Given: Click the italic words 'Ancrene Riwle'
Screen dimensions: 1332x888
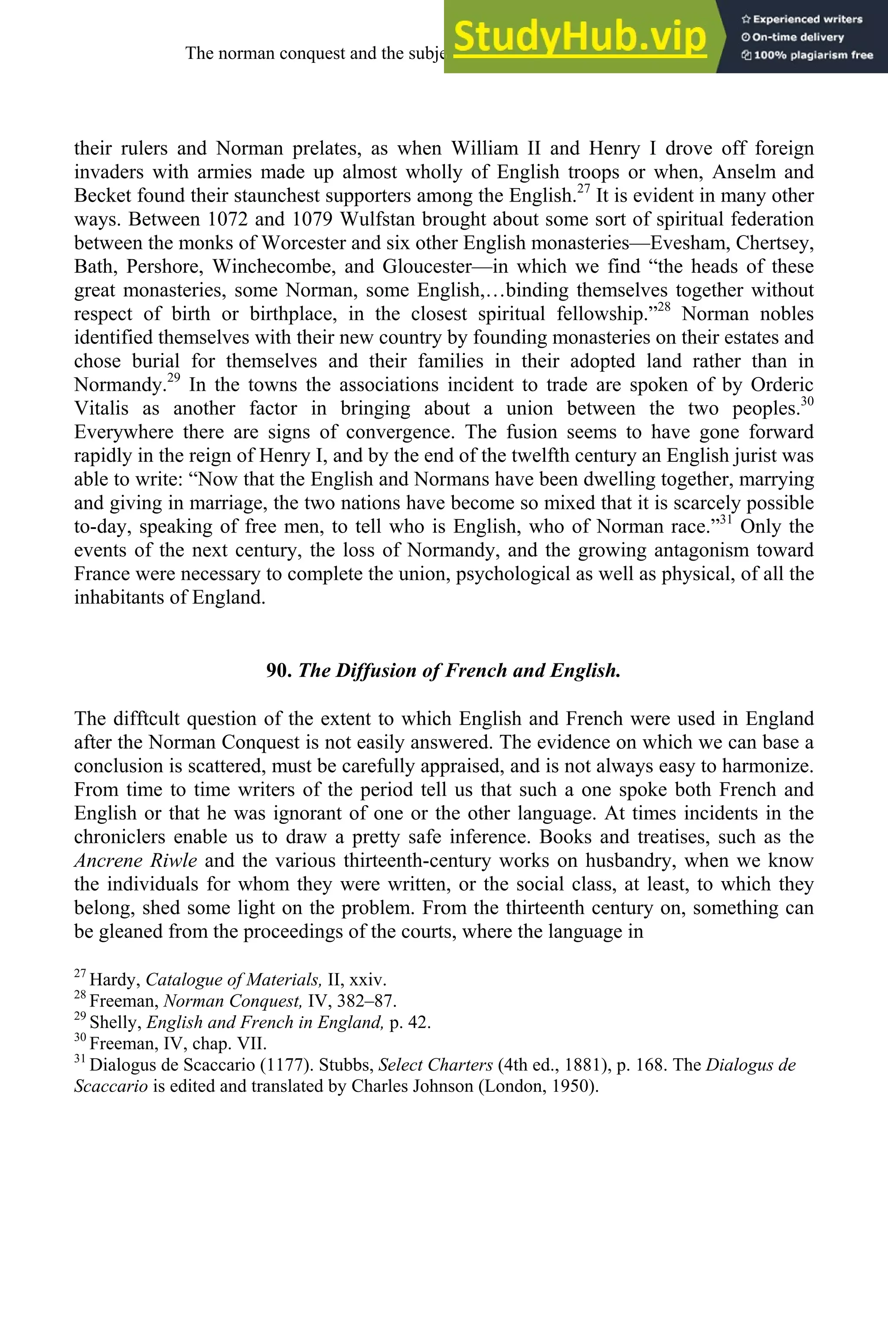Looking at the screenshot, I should pyautogui.click(x=135, y=860).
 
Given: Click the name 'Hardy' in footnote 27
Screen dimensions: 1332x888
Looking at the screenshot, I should pyautogui.click(x=115, y=980).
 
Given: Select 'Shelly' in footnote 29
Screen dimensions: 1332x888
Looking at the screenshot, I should pyautogui.click(x=115, y=1022).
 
